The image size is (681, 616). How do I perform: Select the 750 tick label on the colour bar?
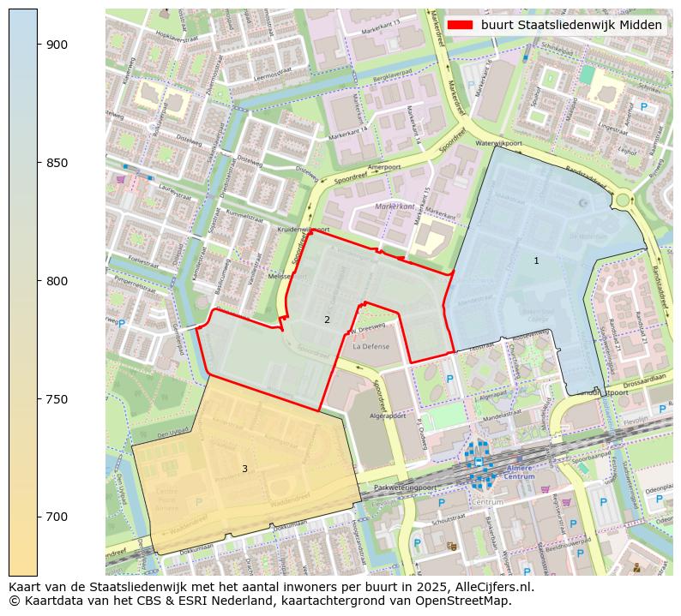click(57, 399)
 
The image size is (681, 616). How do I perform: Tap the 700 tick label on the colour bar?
click(57, 517)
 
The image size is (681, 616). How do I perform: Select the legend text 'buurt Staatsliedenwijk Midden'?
click(571, 25)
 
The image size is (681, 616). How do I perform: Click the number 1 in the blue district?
click(536, 260)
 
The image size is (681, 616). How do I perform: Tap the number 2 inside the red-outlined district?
click(327, 320)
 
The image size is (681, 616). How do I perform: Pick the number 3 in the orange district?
click(244, 469)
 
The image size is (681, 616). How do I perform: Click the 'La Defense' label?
click(371, 347)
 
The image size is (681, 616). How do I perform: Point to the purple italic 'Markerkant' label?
click(395, 207)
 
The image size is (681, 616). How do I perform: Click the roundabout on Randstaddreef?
click(622, 200)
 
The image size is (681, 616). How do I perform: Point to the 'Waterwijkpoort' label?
click(498, 143)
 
